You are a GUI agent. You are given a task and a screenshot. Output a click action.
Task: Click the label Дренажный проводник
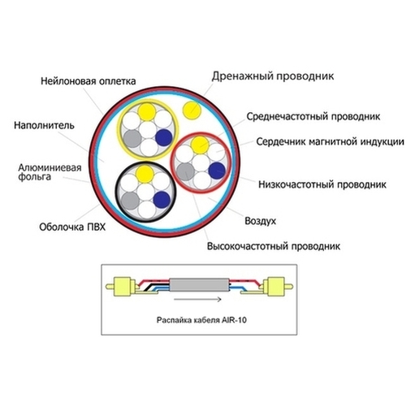point(273,76)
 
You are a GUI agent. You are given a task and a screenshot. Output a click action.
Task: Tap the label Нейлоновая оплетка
point(89,81)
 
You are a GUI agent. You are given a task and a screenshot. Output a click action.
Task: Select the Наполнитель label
point(44,126)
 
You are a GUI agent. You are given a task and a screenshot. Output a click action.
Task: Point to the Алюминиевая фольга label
point(50,172)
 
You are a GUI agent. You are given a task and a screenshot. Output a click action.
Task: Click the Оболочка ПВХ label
point(72,227)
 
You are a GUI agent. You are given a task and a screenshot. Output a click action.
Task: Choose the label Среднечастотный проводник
point(314,117)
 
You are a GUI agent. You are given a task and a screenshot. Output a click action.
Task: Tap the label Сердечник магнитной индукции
point(330,141)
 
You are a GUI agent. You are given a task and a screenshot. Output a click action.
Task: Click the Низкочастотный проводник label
point(322,184)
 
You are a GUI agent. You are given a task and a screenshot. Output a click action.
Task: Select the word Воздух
point(260,221)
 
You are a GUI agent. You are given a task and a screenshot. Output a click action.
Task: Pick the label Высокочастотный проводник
point(274,246)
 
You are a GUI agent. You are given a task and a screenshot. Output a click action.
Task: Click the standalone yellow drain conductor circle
point(192,110)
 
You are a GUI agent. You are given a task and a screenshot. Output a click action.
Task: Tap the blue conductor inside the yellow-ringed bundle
point(164,137)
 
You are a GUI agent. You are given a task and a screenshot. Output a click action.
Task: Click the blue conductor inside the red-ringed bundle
point(217,171)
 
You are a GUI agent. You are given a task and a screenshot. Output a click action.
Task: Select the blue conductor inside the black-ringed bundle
point(162,200)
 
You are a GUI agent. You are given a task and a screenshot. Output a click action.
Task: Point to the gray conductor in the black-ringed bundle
point(130,201)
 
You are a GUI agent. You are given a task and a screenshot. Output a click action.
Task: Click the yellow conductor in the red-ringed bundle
point(200,145)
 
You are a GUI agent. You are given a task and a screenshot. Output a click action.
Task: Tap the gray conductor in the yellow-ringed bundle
point(132,139)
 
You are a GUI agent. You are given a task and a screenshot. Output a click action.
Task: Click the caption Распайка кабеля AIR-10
point(201,320)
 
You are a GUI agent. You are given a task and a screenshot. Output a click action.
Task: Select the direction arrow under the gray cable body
point(197,299)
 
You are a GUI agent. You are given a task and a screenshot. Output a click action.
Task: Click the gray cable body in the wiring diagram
point(199,285)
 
